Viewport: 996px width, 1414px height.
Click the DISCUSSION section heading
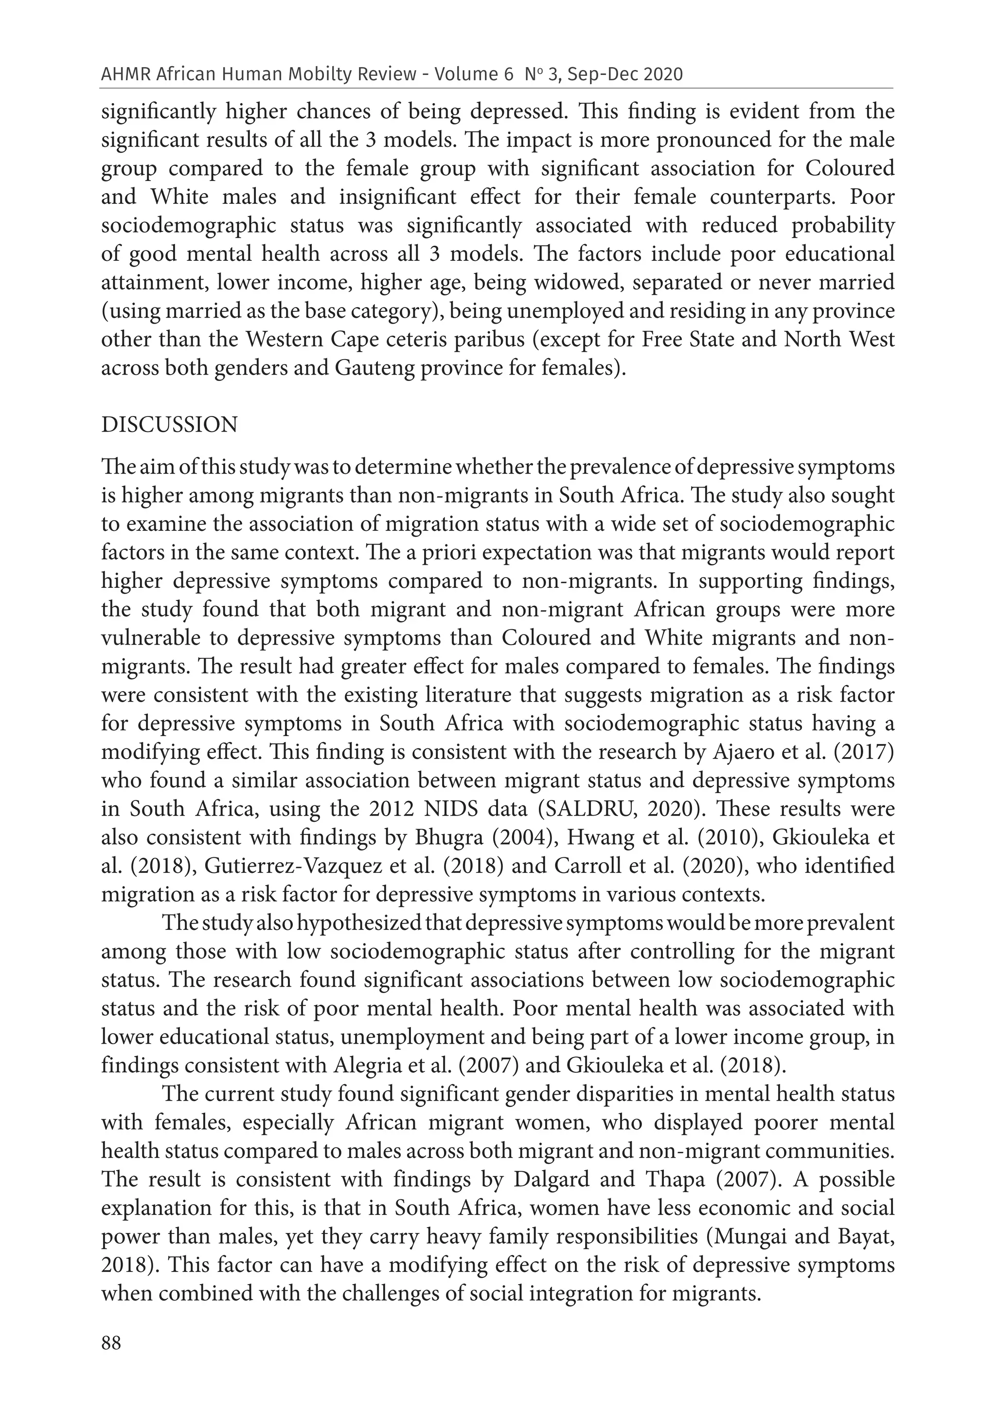pos(169,425)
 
